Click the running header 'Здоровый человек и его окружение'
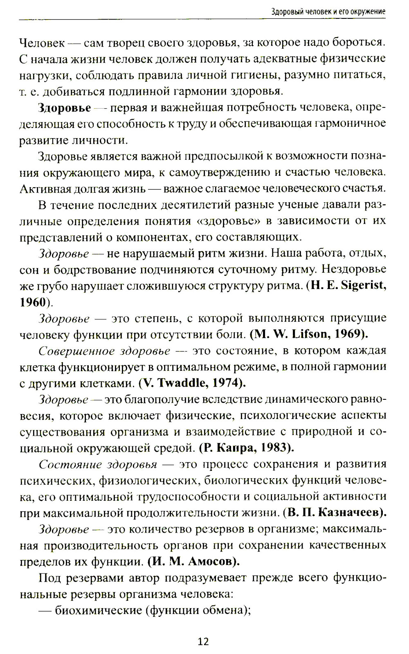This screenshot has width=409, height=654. point(328,11)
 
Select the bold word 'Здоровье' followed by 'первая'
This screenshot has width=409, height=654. point(64,108)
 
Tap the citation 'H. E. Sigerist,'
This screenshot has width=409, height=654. point(348,285)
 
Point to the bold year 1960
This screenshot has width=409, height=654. point(32,302)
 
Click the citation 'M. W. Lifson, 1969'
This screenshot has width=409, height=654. point(309,334)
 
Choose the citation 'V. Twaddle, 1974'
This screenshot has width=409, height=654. point(192,383)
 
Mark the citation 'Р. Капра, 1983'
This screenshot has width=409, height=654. point(247,448)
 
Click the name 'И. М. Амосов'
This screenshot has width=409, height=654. point(193,561)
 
